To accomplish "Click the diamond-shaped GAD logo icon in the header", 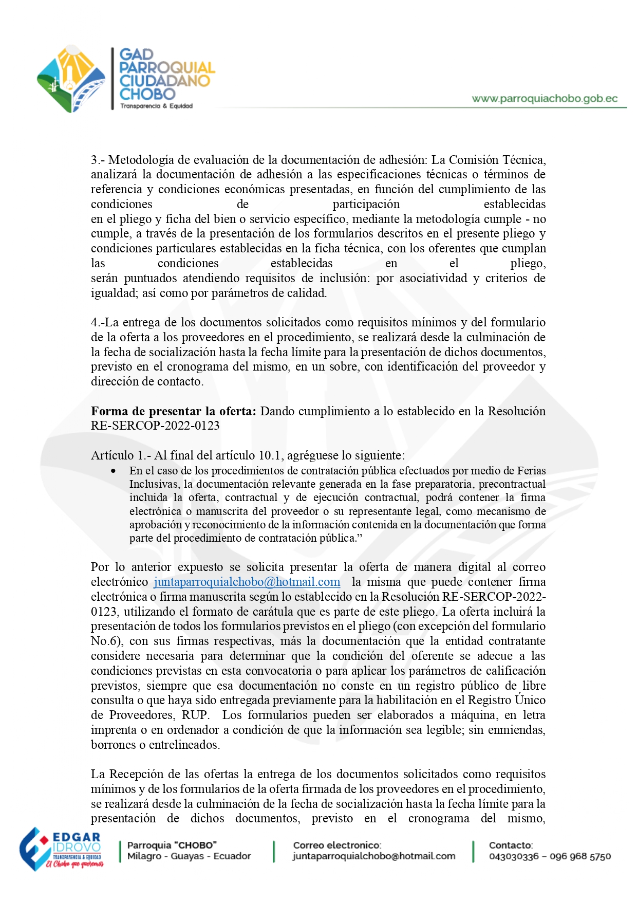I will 71,79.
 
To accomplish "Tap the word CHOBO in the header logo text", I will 147,94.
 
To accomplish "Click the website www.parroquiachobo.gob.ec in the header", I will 545,99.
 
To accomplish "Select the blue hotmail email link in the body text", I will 247,582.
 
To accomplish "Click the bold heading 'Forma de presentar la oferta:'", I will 173,411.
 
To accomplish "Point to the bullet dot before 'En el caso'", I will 113,471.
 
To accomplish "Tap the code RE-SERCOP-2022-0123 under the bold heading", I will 155,426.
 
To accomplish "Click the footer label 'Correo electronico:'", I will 337,845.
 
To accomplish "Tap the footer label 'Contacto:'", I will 511,845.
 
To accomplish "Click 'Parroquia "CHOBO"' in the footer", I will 172,845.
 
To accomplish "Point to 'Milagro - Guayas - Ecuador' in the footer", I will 189,856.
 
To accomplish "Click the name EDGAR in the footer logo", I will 77,837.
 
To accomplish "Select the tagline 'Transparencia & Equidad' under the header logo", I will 156,106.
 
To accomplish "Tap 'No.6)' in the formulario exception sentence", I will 106,641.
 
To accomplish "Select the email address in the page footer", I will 374,856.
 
